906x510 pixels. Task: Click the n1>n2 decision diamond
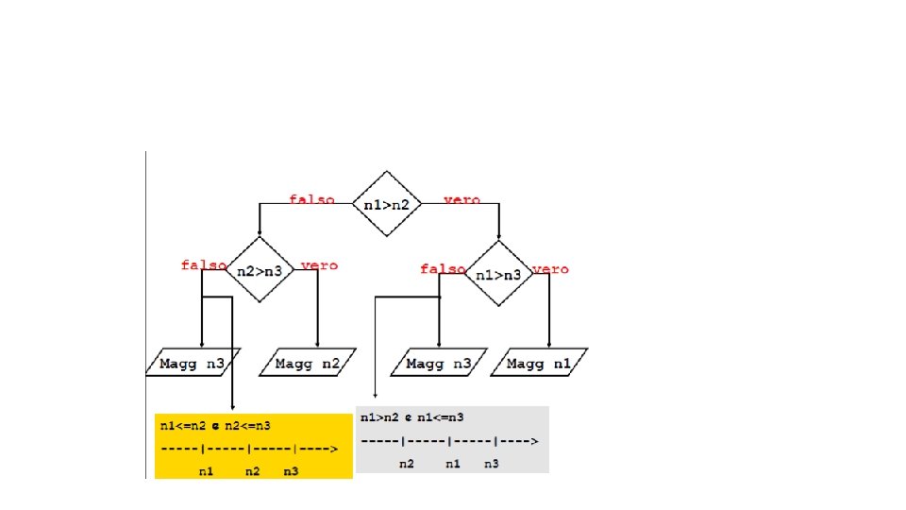pos(386,204)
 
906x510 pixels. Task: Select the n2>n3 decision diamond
pos(260,270)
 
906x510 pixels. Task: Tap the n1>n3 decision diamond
pos(499,274)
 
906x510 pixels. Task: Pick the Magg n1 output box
pos(540,363)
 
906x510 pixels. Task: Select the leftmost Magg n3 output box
pos(193,363)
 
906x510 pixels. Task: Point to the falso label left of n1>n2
pos(311,200)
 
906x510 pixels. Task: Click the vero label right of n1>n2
pos(461,200)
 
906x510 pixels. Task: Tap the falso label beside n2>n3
pos(203,265)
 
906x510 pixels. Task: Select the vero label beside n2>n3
pos(319,265)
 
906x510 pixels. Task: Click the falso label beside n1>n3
pos(442,269)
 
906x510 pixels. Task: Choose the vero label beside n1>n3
pos(551,269)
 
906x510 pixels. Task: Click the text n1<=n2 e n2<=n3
pos(214,426)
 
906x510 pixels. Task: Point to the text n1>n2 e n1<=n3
pos(411,416)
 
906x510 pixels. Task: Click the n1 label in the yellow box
pos(206,469)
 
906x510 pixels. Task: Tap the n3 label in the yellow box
pos(291,469)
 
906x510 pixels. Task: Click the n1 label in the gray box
pos(452,464)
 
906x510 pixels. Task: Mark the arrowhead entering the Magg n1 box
pos(548,344)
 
